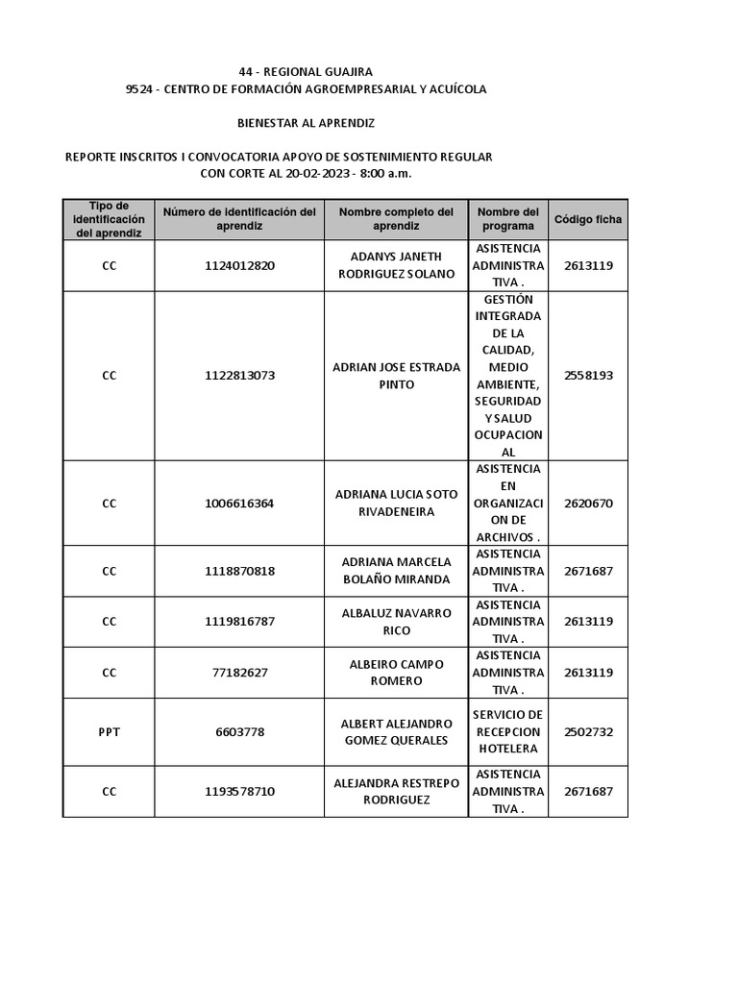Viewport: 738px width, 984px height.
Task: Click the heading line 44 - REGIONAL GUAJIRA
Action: (x=306, y=72)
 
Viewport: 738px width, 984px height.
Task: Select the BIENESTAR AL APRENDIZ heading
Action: (x=306, y=123)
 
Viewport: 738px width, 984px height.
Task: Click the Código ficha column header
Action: (x=587, y=219)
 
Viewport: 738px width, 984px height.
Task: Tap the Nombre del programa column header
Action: (x=507, y=219)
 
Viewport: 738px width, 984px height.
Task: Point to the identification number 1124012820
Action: (x=239, y=266)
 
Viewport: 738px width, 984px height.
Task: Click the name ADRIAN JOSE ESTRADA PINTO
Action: (x=396, y=376)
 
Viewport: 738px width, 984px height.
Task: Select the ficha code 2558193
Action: (x=587, y=376)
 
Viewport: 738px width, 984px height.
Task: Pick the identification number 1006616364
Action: (x=239, y=504)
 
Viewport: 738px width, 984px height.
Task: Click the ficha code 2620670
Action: (x=587, y=504)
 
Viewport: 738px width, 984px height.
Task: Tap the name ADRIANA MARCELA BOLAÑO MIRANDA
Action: (x=396, y=571)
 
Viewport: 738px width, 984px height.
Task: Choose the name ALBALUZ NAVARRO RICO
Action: (x=396, y=622)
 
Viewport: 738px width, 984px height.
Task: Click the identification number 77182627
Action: (x=239, y=673)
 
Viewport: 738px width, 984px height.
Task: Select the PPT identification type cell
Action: (x=109, y=732)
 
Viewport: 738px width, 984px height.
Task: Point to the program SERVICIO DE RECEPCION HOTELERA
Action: (x=507, y=732)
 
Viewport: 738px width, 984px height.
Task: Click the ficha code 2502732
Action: (x=587, y=732)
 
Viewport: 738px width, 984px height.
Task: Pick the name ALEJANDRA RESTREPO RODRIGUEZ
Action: (x=396, y=792)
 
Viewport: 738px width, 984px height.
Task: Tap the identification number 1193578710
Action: (x=239, y=792)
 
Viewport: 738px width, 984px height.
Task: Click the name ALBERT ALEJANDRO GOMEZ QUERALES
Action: (x=396, y=732)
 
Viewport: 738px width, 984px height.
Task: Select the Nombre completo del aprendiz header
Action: (x=396, y=219)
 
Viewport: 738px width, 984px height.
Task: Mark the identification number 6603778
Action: (x=239, y=732)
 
